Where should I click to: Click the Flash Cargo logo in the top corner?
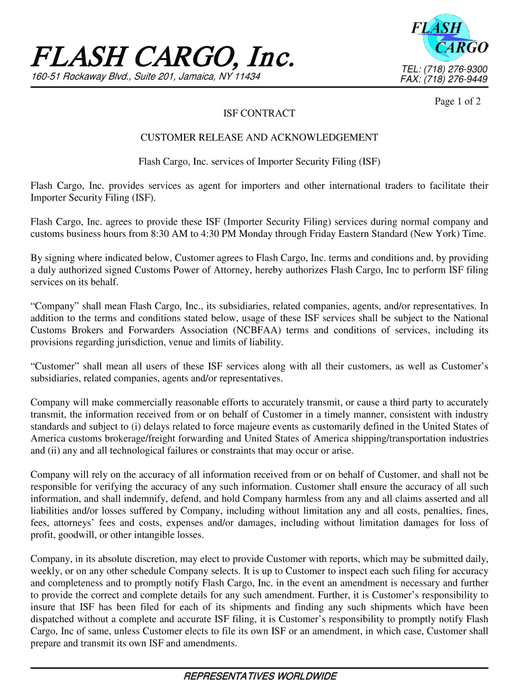pyautogui.click(x=446, y=38)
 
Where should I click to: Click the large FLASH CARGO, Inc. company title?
pyautogui.click(x=162, y=58)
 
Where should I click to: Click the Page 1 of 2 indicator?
pyautogui.click(x=458, y=101)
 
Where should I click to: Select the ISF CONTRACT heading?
pyautogui.click(x=259, y=114)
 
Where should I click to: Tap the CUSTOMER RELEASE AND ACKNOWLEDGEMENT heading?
pyautogui.click(x=259, y=138)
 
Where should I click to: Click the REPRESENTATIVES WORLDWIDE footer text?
pyautogui.click(x=259, y=676)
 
